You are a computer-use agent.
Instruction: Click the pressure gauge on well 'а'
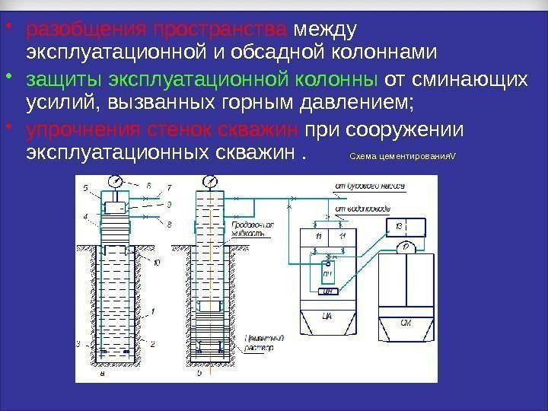pos(116,182)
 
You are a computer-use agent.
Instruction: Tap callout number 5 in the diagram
pos(85,187)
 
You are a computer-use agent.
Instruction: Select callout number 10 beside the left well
pos(157,263)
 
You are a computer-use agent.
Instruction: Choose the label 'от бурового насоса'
pos(366,185)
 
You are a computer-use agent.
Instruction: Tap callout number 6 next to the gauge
pos(148,185)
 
